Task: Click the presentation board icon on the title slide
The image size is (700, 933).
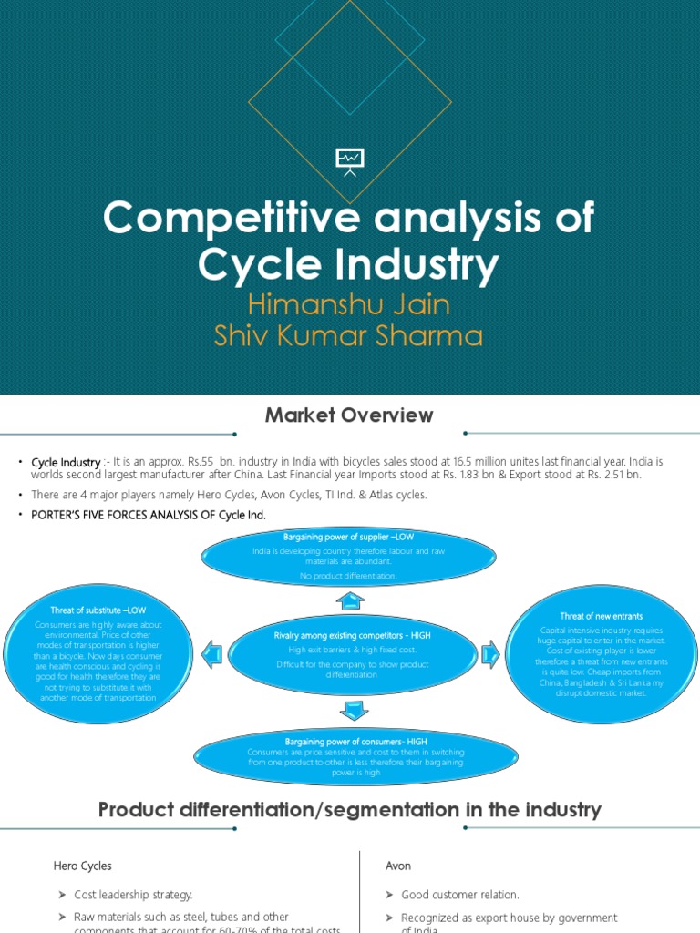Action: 350,161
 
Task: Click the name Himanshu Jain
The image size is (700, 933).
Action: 349,303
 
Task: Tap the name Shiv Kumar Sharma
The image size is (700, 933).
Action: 349,335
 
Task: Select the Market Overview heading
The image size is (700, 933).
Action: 349,415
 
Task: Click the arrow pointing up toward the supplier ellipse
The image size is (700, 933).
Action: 350,601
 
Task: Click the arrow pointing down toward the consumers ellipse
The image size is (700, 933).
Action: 355,710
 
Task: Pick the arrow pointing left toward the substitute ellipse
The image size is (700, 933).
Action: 211,653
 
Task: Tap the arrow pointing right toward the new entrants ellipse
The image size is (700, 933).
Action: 489,653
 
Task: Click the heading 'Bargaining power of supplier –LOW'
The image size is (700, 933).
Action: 349,538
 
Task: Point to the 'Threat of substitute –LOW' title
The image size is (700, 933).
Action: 98,610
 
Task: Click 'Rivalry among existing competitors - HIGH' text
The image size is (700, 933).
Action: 352,634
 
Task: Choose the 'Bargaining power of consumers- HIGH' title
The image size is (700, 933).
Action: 355,742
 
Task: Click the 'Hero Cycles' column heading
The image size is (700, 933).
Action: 83,866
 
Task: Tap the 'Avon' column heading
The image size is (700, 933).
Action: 398,866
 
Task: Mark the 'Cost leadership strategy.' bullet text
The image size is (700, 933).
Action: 133,895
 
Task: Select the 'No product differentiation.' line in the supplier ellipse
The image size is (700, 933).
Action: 350,576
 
